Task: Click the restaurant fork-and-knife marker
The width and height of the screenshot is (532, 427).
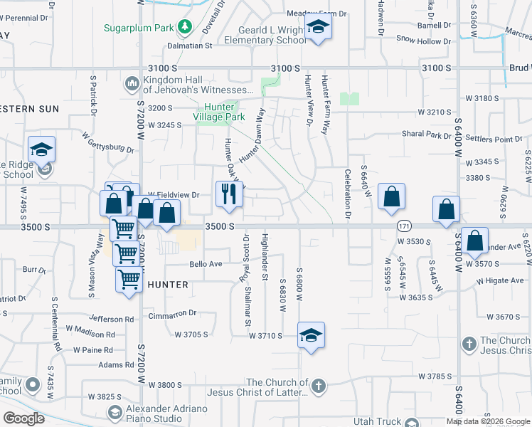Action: (x=229, y=194)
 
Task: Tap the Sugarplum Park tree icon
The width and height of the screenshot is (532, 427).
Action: (x=186, y=27)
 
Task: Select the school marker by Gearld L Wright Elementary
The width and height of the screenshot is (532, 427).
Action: (x=317, y=28)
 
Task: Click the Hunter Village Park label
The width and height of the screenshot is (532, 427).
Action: (x=220, y=112)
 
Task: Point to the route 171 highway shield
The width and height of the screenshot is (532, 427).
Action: (x=404, y=226)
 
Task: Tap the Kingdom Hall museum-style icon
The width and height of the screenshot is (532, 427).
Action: (x=132, y=85)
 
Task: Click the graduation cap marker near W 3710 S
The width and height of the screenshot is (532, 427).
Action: (x=311, y=335)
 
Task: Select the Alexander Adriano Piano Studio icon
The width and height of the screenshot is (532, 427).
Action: (x=114, y=412)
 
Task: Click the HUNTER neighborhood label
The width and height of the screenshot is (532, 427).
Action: (x=169, y=285)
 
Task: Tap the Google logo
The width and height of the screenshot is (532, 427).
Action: (x=23, y=418)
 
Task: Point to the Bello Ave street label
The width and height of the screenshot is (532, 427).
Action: (x=206, y=264)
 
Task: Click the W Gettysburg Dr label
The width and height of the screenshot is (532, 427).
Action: (x=108, y=141)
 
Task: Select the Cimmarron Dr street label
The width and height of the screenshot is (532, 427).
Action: (x=172, y=313)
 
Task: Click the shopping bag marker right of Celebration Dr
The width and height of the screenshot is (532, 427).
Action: (x=392, y=197)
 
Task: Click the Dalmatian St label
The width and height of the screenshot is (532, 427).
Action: (x=190, y=46)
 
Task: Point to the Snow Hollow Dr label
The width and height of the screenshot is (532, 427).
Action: (x=423, y=41)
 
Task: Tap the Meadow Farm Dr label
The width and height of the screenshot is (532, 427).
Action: (x=316, y=14)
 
